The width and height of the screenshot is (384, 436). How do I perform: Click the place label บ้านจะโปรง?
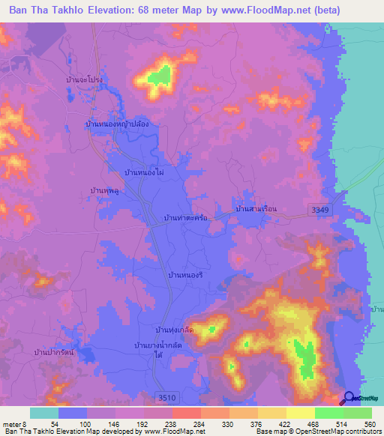coord(84,79)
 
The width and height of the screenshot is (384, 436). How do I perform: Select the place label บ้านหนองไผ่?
coord(144,173)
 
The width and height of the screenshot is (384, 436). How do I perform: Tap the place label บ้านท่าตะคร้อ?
coord(184,219)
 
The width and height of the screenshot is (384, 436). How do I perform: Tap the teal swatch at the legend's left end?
coord(43,413)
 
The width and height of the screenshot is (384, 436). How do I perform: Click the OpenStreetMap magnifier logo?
coord(349,398)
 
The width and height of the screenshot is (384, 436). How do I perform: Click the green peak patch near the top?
coord(160,75)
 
